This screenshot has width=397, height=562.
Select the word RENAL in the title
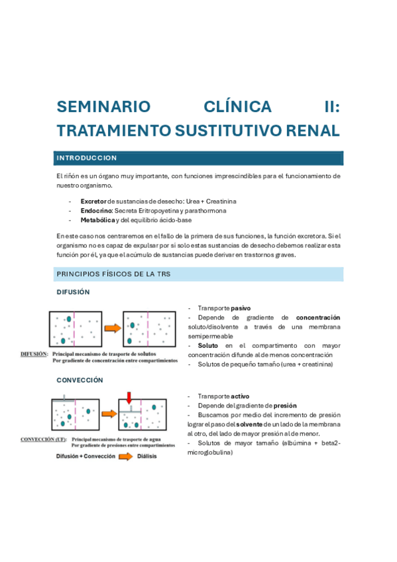coord(312,130)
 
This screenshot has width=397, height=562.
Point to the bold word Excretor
coord(93,201)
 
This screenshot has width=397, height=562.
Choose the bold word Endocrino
coord(96,210)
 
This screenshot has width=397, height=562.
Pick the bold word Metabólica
coord(97,220)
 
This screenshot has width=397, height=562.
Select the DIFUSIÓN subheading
coord(73,292)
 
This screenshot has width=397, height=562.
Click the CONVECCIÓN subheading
coord(80,380)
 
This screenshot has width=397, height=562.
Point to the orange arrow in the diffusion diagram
coord(112,327)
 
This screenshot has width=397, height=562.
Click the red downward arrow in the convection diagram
coord(130,398)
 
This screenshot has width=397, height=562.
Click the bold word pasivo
coord(241,308)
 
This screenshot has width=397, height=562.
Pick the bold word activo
coord(241,396)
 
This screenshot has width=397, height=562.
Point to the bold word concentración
coord(318,317)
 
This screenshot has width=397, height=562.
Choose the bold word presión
coord(282,405)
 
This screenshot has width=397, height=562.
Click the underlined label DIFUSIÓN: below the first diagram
coord(34,355)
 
